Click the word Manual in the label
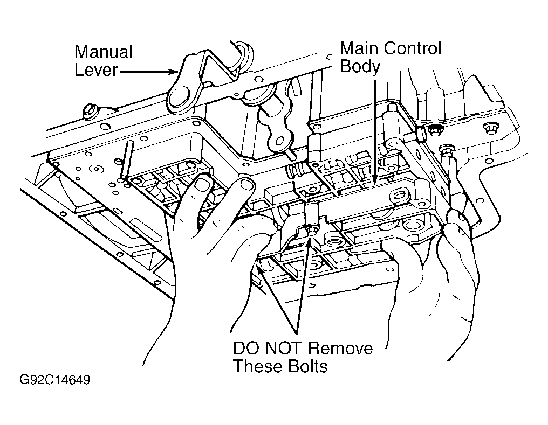click(104, 52)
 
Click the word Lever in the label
click(96, 70)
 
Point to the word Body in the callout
click(360, 66)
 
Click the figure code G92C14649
click(55, 380)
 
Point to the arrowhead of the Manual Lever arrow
click(176, 72)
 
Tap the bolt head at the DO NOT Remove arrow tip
click(311, 231)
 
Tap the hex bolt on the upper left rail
click(89, 111)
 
